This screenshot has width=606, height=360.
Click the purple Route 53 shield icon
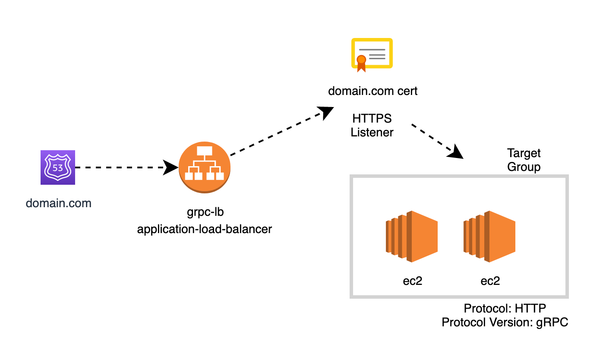(58, 167)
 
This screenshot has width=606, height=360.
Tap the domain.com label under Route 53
(59, 203)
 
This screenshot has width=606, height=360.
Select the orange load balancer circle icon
(204, 167)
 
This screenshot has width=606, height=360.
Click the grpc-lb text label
(204, 212)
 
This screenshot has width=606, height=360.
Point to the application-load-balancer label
(204, 229)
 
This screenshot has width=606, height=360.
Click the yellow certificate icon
(372, 54)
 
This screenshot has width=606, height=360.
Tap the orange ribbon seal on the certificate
(361, 62)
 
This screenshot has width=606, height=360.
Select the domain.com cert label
(372, 91)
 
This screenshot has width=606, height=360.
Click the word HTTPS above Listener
(372, 118)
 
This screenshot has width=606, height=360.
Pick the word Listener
(372, 132)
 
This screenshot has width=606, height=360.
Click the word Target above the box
(524, 153)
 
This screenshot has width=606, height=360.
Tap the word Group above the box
(524, 167)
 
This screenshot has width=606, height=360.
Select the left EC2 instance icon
(412, 237)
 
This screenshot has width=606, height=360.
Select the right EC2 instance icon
(489, 237)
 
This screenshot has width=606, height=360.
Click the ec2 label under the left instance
(412, 281)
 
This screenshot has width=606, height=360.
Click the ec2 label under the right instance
(490, 281)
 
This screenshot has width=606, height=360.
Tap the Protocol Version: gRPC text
(505, 322)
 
